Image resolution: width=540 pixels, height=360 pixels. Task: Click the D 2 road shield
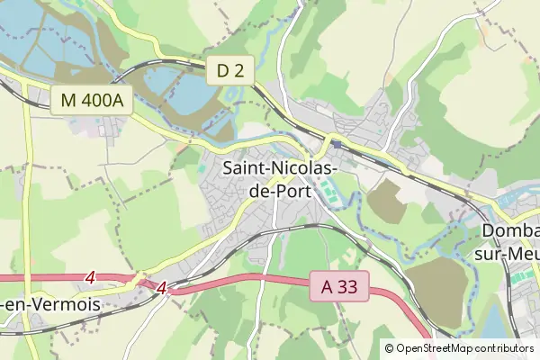(x=230, y=70)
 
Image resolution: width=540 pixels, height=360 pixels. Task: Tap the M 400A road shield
(x=92, y=101)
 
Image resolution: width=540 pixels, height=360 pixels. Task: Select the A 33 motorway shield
(x=338, y=287)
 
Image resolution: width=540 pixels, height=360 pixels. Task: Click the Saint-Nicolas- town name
(x=280, y=167)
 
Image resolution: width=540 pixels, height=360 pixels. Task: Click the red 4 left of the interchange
(x=90, y=278)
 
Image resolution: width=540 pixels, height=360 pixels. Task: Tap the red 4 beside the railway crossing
(x=162, y=288)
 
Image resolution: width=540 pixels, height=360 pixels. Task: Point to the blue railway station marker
(x=335, y=142)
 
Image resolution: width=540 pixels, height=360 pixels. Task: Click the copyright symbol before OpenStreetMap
(x=390, y=348)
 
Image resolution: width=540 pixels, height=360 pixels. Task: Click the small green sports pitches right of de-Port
(x=330, y=192)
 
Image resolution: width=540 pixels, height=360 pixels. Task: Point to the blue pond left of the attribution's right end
(x=499, y=319)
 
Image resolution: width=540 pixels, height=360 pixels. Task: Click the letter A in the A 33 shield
(x=328, y=287)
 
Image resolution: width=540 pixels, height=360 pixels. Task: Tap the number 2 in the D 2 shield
(x=238, y=70)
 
